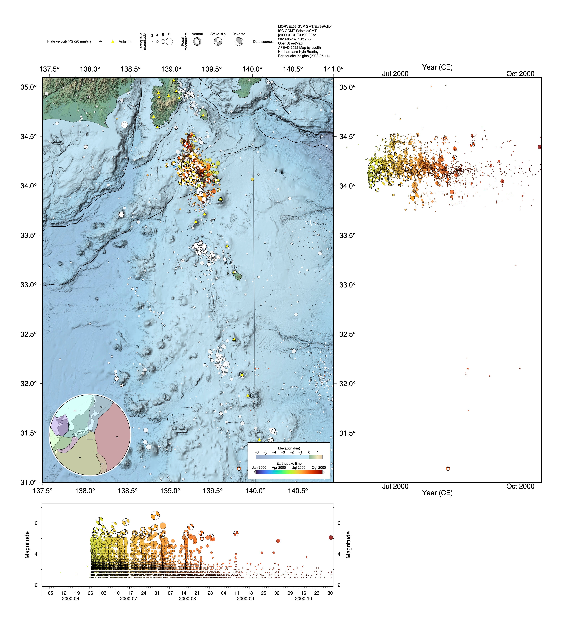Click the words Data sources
263,42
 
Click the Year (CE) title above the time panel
437,67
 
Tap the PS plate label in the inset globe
80,457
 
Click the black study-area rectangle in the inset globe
90,435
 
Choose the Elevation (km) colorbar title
289,448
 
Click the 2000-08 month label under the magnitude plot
187,599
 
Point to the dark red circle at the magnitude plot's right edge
331,538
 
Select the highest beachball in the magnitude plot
155,515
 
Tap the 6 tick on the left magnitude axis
36,523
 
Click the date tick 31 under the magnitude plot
157,593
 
